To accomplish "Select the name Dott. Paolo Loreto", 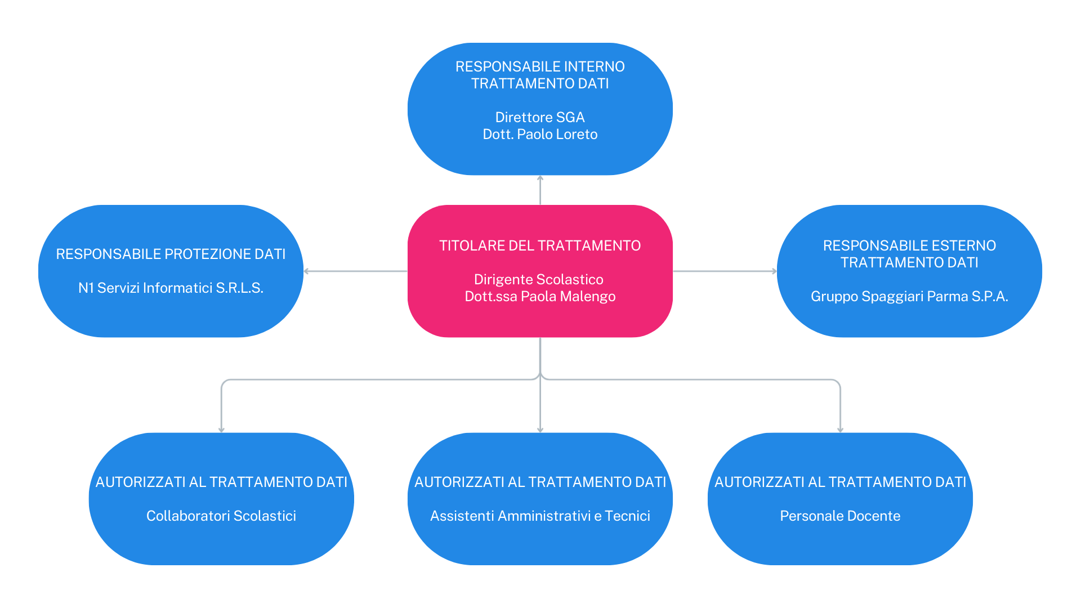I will pyautogui.click(x=540, y=135).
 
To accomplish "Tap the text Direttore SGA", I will pyautogui.click(x=540, y=118).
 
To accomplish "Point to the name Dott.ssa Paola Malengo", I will pyautogui.click(x=540, y=297).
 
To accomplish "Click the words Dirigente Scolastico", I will pyautogui.click(x=539, y=280).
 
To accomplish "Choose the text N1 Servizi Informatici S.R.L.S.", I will pyautogui.click(x=171, y=288).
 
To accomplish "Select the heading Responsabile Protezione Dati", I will pyautogui.click(x=171, y=254).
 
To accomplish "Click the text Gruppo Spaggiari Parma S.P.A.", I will pyautogui.click(x=909, y=297).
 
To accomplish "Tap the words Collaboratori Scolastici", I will pyautogui.click(x=221, y=516).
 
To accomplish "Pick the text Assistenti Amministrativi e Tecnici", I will pyautogui.click(x=540, y=516).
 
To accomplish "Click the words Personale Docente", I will pyautogui.click(x=840, y=516).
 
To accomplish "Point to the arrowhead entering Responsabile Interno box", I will pyautogui.click(x=540, y=178).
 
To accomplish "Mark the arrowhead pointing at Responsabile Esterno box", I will pyautogui.click(x=774, y=271).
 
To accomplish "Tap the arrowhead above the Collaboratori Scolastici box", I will pyautogui.click(x=221, y=430).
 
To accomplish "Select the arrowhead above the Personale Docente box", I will pyautogui.click(x=840, y=430).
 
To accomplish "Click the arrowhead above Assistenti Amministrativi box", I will pyautogui.click(x=540, y=430).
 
